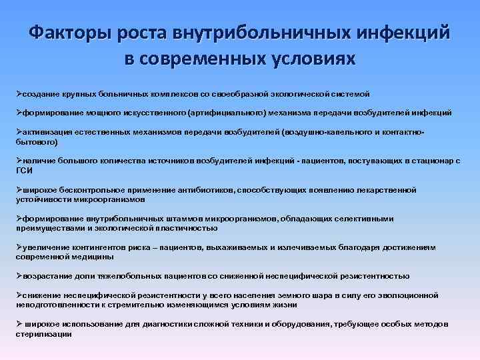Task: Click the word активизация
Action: click(48, 133)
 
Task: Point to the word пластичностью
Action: click(188, 227)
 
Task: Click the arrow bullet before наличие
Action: click(20, 161)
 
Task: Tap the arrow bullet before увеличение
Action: click(20, 247)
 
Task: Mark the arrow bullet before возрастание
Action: click(20, 275)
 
